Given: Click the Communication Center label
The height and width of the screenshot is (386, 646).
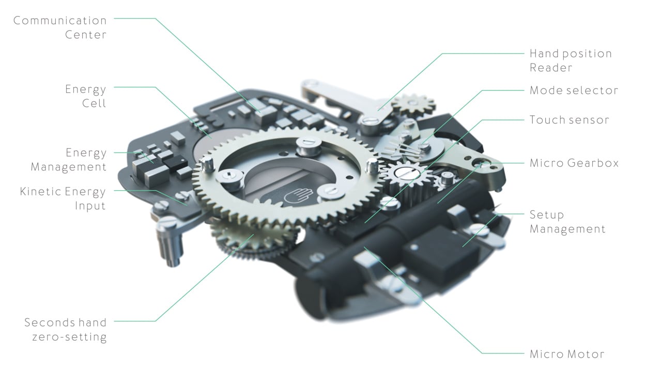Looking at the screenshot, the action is (60, 28).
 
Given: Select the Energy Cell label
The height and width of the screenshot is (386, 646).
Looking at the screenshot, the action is (86, 96).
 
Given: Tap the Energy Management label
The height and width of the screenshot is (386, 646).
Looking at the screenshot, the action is (69, 160).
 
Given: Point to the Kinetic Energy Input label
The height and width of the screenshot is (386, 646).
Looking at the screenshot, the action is (63, 198).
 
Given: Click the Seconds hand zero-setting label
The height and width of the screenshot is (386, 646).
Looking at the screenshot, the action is (66, 330).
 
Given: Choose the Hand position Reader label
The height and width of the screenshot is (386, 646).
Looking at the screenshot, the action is (571, 60).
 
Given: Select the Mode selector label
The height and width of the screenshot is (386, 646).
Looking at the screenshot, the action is (574, 90).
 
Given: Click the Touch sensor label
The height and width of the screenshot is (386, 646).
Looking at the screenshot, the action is (570, 120).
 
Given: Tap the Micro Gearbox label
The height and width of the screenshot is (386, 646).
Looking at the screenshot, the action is (574, 163).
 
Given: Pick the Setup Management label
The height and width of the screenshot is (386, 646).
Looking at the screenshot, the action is (567, 222).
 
